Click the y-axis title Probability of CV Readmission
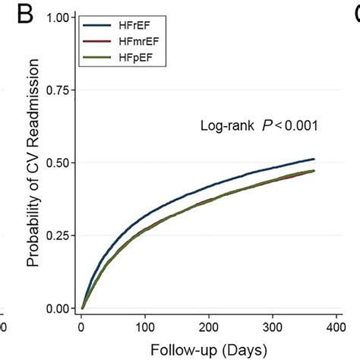click(33, 163)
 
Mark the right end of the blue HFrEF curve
click(313, 159)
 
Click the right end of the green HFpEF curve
click(313, 172)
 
